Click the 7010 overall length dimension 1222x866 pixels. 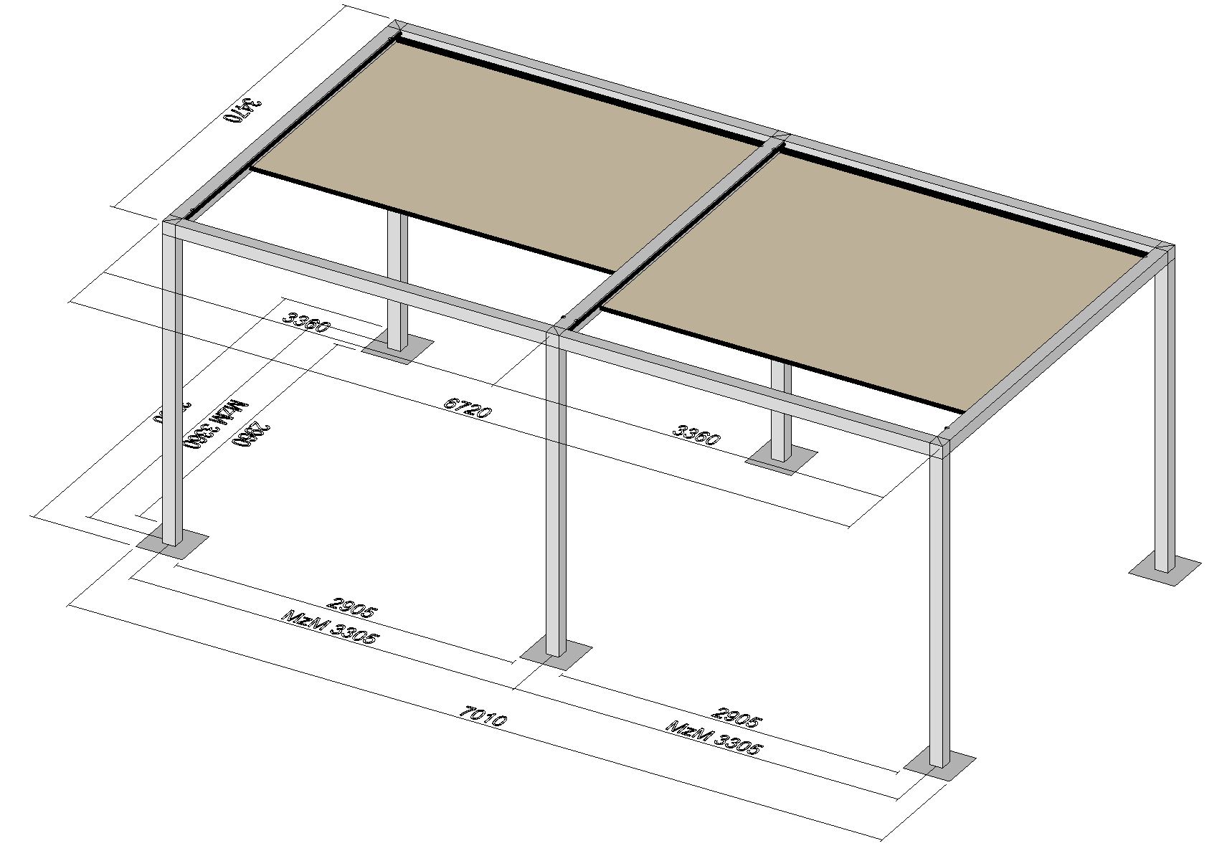[x=484, y=716]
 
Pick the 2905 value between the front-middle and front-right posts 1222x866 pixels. [x=736, y=717]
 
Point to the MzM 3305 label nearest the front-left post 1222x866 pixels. [x=330, y=627]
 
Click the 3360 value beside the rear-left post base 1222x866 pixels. [x=306, y=322]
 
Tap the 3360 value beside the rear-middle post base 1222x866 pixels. [x=696, y=434]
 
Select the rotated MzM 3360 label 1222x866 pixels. [x=216, y=423]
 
